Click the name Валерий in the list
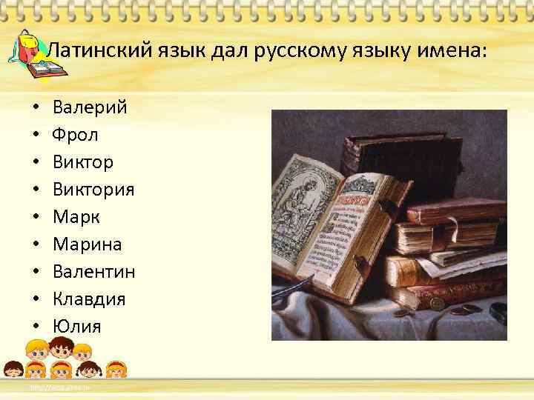pos(90,107)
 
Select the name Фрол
pos(75,135)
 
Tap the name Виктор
pos(83,162)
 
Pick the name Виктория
pos(93,190)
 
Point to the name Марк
pos(76,217)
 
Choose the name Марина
pos(88,244)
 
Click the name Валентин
pos(93,272)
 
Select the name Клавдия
pos(89,299)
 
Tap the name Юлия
pos(76,327)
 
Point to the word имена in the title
pos(452,50)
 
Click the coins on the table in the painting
pos(471,312)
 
